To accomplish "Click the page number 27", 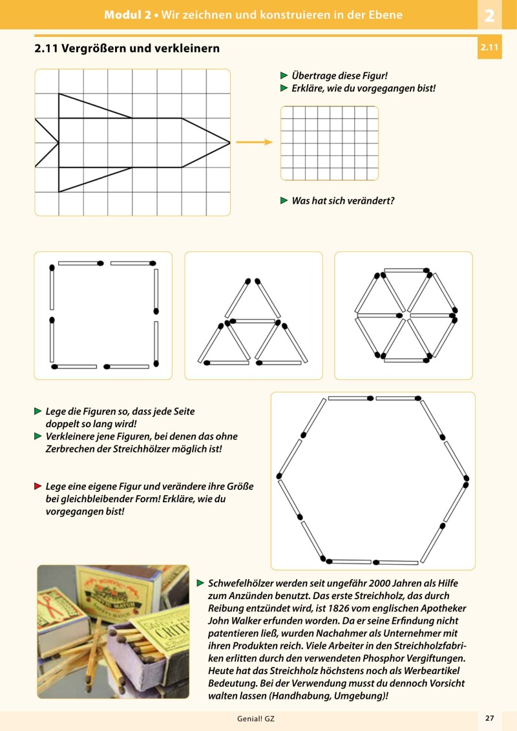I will (489, 718).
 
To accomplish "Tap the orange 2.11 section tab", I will (489, 47).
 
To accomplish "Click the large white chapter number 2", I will (489, 15).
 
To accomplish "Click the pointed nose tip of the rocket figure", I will (229, 142).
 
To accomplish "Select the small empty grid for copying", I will (329, 143).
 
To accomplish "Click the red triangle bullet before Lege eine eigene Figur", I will (38, 485).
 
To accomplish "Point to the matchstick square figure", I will (103, 315).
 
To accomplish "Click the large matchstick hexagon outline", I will (372, 480).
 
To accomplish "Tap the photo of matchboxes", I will (113, 631).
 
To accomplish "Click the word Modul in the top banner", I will (120, 15).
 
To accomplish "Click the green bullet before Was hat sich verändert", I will (284, 201).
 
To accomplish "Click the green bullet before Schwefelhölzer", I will (200, 583).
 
